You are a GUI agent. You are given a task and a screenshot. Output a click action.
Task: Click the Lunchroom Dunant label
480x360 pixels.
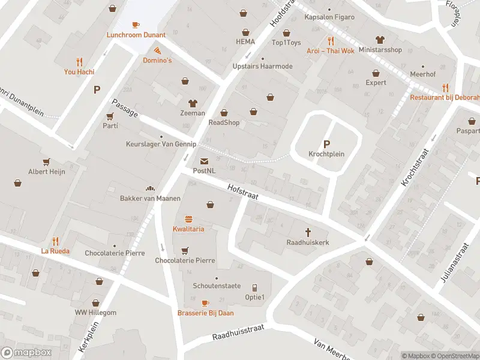(136, 35)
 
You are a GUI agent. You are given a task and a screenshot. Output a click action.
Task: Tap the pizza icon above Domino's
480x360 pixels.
(157, 50)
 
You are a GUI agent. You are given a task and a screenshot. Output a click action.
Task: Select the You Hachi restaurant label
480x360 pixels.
(79, 72)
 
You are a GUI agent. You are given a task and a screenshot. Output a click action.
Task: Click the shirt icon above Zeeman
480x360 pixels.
(193, 103)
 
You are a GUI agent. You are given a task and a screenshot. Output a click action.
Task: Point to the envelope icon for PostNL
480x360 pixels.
(204, 161)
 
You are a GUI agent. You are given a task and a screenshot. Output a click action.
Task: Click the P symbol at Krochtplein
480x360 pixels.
(326, 144)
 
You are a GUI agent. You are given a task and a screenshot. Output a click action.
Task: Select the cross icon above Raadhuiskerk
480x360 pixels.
(308, 232)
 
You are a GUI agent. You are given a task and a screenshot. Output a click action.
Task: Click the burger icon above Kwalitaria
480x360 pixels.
(188, 219)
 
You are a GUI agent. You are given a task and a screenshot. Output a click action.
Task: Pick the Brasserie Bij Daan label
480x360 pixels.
(206, 313)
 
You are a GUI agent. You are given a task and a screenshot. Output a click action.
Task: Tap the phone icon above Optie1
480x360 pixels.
(254, 287)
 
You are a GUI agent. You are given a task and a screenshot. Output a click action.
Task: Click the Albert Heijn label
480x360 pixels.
(46, 172)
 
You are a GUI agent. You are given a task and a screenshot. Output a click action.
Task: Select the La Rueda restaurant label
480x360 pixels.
(56, 251)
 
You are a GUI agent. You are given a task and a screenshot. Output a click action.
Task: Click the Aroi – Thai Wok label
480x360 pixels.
(331, 51)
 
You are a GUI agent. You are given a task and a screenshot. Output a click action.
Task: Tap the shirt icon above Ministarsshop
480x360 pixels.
(379, 40)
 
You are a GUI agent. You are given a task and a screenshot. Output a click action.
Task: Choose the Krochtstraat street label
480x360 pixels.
(417, 167)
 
